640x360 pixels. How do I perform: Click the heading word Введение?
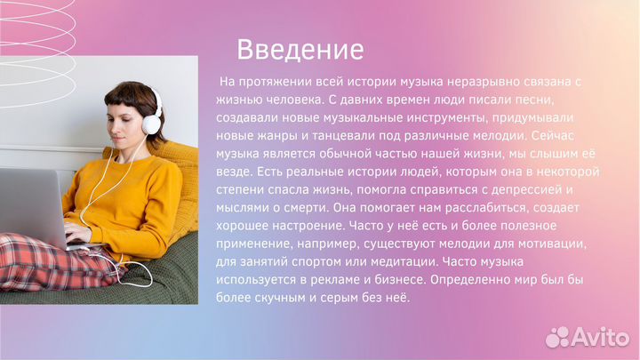[300, 48]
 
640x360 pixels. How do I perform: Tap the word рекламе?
[349, 279]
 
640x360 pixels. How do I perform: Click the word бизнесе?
[399, 279]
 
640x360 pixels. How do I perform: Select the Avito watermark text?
[598, 337]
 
